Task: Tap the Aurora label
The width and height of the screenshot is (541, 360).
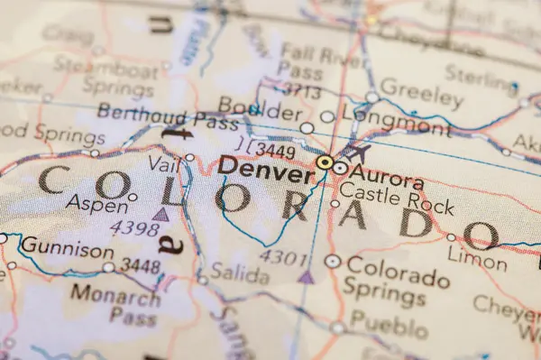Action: [387, 171]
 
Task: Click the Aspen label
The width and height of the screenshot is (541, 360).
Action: [96, 203]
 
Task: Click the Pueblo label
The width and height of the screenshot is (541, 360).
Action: [383, 321]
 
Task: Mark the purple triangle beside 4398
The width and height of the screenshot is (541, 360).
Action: [160, 214]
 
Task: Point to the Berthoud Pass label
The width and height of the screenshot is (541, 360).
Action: [155, 117]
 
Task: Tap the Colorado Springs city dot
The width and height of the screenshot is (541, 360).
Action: [332, 262]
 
